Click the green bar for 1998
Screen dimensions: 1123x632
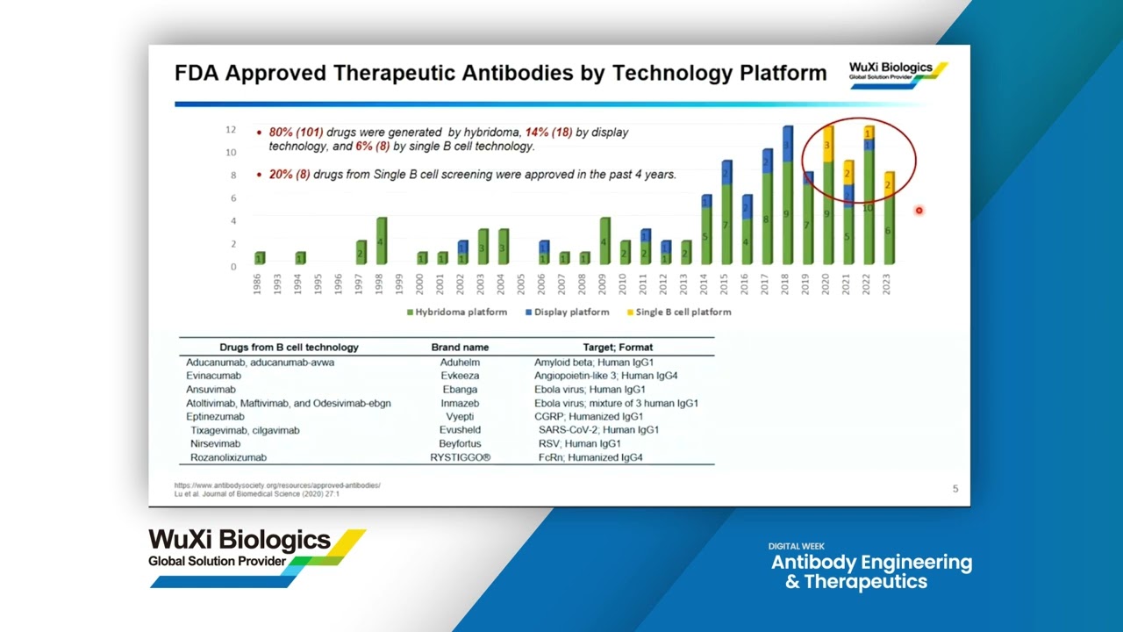(x=381, y=241)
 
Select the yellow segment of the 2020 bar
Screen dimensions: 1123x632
(x=827, y=145)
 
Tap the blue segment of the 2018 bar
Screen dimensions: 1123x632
(x=787, y=145)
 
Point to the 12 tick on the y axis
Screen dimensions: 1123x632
(x=231, y=130)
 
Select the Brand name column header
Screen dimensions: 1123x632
(x=460, y=348)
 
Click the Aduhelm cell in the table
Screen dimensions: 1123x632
(x=460, y=363)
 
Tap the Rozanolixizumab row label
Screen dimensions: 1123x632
(x=226, y=457)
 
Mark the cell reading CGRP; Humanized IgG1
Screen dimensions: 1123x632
(x=589, y=417)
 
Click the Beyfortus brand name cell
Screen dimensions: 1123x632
(x=460, y=444)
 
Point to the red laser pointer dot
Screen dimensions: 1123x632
(x=919, y=211)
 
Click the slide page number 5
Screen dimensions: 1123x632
(x=955, y=489)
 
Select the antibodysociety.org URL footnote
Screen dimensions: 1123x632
(x=277, y=485)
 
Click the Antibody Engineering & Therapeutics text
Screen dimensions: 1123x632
(x=870, y=571)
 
